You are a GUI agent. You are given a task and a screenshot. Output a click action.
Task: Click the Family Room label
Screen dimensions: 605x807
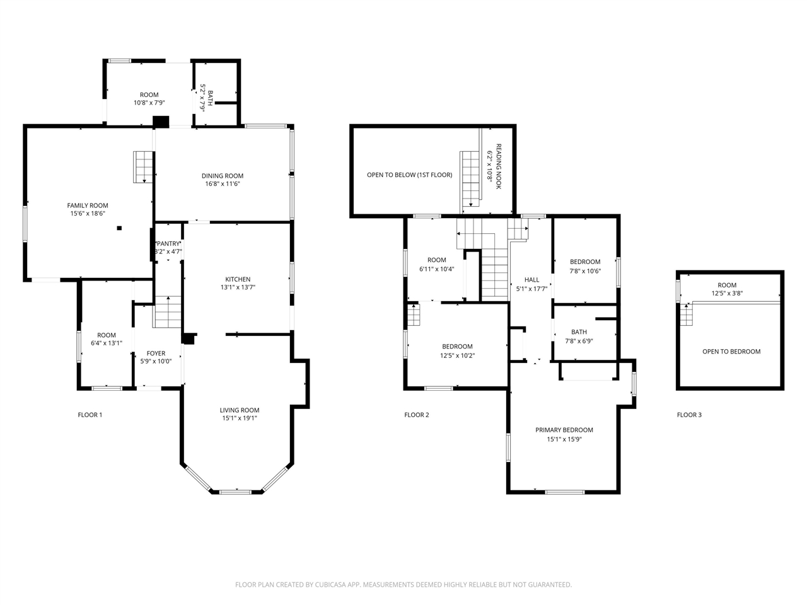[88, 205]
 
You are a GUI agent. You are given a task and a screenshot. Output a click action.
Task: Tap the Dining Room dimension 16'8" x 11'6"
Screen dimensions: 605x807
[222, 184]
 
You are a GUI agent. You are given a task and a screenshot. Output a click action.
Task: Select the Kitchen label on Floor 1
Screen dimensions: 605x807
[238, 279]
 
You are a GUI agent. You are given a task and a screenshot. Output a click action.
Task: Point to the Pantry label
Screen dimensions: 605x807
[168, 244]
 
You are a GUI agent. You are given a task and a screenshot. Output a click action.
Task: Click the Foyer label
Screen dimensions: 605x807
[156, 354]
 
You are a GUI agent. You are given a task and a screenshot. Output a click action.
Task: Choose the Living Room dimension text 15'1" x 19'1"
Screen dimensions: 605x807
[240, 418]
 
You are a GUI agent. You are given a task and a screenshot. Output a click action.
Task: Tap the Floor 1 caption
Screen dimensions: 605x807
[90, 415]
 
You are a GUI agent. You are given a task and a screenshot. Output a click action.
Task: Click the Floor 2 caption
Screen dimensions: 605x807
[416, 415]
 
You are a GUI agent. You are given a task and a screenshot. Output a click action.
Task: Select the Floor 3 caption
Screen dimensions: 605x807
[688, 415]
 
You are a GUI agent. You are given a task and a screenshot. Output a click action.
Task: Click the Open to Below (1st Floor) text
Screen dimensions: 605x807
[409, 175]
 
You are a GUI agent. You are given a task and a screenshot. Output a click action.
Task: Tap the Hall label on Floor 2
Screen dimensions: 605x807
[531, 280]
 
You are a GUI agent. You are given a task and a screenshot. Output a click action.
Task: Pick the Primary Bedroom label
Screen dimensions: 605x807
[564, 430]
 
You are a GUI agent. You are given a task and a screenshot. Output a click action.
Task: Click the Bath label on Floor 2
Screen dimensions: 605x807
[578, 332]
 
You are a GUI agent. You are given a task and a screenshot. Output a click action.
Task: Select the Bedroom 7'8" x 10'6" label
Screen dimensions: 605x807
[584, 262]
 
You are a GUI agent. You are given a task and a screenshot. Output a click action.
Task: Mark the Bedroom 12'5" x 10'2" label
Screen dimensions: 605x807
[457, 347]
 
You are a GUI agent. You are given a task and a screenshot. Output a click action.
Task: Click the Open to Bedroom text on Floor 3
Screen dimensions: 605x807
[731, 352]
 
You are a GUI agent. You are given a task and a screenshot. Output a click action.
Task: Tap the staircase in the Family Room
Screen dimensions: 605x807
[144, 167]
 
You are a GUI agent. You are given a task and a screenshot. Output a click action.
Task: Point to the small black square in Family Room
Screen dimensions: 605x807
[119, 229]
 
